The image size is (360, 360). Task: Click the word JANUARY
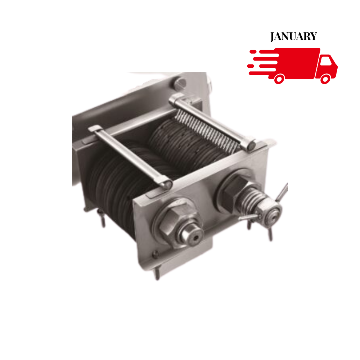(293, 36)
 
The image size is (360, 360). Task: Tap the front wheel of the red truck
(325, 79)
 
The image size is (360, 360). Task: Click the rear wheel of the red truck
(279, 79)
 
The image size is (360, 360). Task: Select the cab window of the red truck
(326, 60)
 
